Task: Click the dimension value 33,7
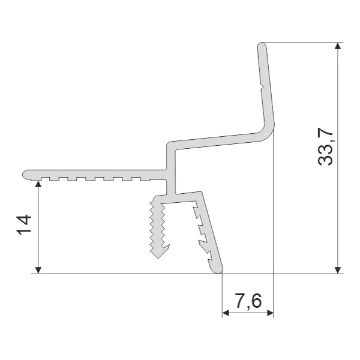click(326, 147)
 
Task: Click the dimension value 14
click(23, 224)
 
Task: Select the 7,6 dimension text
click(248, 301)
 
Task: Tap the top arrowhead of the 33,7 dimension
click(337, 46)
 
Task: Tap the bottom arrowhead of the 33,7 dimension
click(337, 270)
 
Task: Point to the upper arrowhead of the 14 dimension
click(38, 184)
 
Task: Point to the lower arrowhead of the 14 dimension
click(38, 270)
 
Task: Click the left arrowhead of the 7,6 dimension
click(226, 313)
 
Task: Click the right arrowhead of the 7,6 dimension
click(271, 313)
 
